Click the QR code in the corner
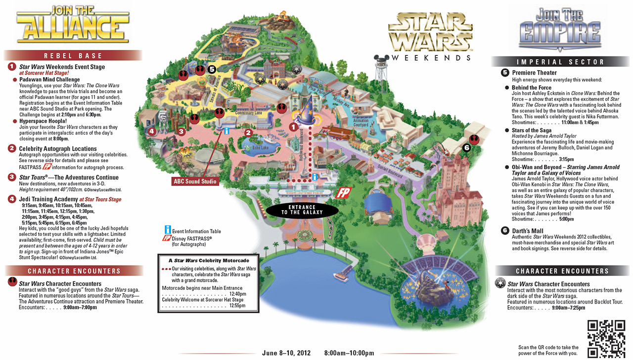[x=606, y=338]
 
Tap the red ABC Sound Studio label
[x=195, y=181]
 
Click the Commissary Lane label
[x=248, y=113]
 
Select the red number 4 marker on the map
[x=152, y=131]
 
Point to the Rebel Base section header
[x=73, y=56]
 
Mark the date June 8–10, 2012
[x=286, y=353]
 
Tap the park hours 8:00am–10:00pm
[x=349, y=353]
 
